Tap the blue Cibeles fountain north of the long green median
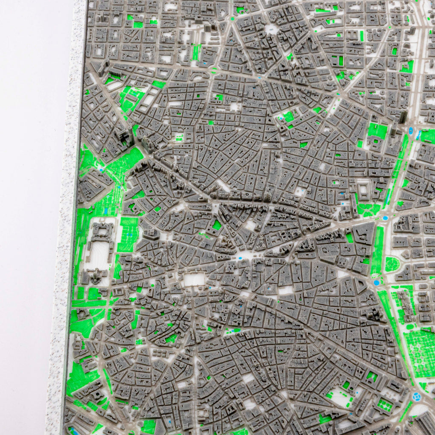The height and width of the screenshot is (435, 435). pos(385,218)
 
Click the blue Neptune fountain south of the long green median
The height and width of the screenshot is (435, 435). pos(376,282)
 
